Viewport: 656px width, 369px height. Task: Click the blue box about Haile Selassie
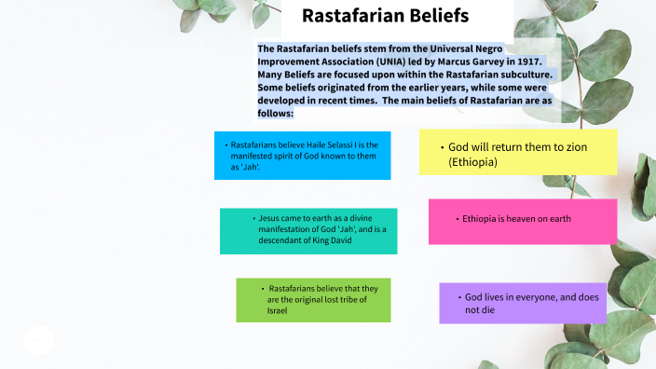[302, 155]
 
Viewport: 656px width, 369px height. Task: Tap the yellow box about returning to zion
[517, 153]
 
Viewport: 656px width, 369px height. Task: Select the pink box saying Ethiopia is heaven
[522, 221]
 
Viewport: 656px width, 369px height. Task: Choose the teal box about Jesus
[307, 230]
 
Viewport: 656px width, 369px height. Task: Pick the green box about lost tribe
[313, 300]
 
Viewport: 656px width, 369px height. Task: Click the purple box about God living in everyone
[523, 303]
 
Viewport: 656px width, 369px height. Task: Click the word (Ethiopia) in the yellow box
[472, 162]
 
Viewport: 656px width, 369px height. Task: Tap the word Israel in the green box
[277, 310]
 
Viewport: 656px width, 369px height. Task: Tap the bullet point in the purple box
[458, 296]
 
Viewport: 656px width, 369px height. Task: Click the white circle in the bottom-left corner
[38, 340]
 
